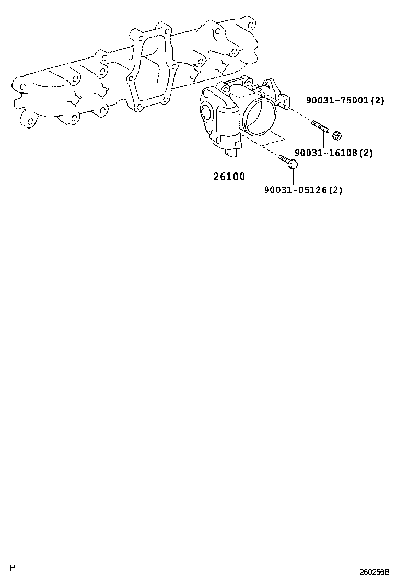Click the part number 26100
(228, 177)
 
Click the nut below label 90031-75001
(337, 135)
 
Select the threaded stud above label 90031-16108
(319, 127)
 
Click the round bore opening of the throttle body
(260, 118)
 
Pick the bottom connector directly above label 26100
(230, 152)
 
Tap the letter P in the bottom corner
(13, 567)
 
